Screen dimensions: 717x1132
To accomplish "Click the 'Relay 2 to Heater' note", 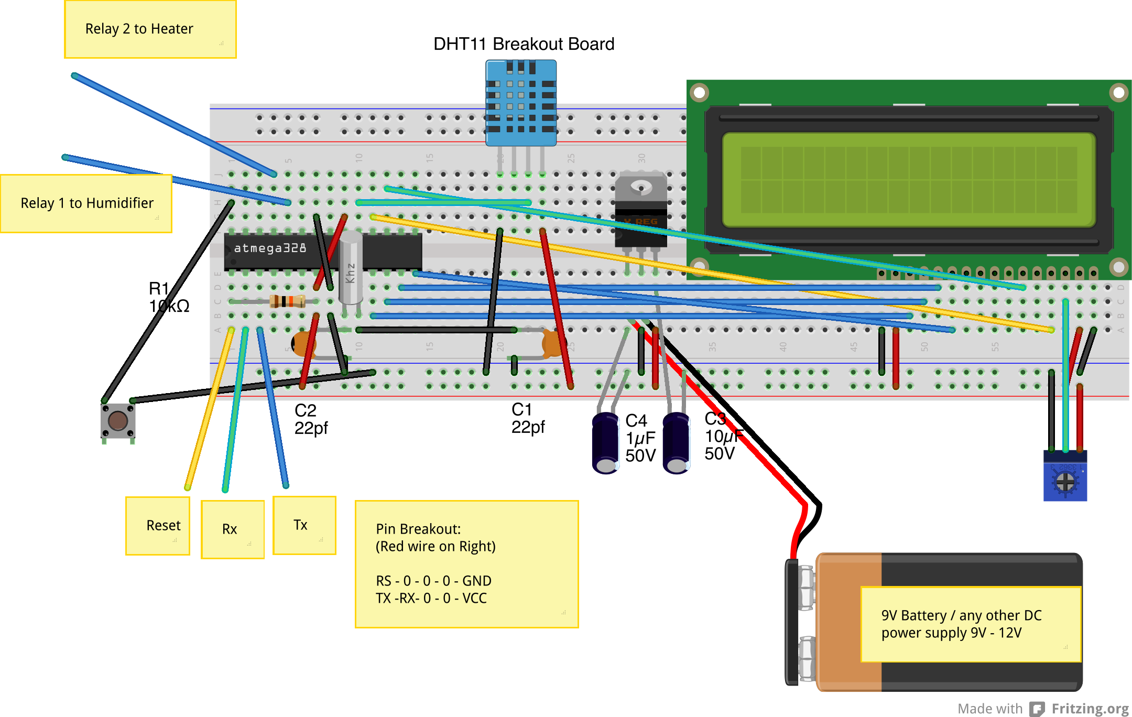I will (150, 29).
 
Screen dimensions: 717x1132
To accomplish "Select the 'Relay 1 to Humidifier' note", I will (86, 203).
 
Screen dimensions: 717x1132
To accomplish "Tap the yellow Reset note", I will (158, 526).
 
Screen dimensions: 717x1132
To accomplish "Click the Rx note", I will (232, 529).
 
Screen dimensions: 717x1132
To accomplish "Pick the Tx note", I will (304, 525).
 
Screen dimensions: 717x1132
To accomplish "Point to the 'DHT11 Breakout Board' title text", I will (524, 44).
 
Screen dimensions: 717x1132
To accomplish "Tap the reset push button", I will (118, 420).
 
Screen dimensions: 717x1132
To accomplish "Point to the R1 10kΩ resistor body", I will (287, 301).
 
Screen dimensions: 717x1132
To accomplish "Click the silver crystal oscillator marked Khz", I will (351, 268).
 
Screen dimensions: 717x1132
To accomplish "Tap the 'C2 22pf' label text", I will (310, 419).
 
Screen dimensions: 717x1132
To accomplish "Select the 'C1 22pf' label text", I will (527, 418).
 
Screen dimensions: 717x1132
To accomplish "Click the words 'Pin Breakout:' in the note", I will (418, 529).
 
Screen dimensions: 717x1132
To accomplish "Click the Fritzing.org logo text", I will (1090, 709).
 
